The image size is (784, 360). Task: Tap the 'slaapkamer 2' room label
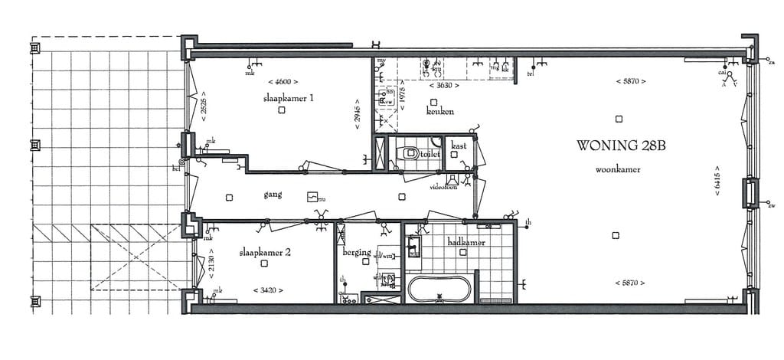pos(264,251)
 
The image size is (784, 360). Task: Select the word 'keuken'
pos(440,112)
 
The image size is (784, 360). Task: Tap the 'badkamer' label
pos(466,243)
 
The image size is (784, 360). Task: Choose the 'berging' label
pos(358,252)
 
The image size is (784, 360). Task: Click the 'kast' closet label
pos(459,146)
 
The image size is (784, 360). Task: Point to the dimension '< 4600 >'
pos(283,81)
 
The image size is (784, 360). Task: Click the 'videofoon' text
pos(443,187)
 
